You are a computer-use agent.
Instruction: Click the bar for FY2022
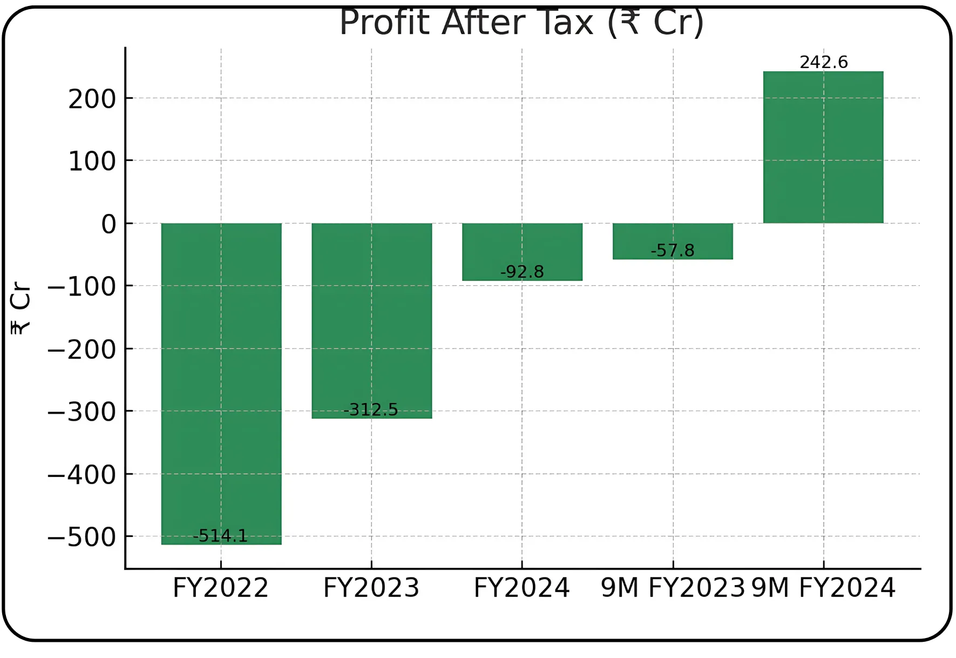point(221,378)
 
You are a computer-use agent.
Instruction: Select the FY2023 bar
point(371,319)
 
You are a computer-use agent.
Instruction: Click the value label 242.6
point(823,62)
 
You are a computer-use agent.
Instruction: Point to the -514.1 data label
point(220,536)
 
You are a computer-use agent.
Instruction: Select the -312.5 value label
point(371,409)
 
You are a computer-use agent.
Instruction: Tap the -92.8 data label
point(522,271)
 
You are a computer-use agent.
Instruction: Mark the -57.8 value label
point(672,250)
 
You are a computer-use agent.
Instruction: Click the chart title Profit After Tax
point(521,23)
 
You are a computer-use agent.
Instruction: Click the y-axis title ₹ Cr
point(21,308)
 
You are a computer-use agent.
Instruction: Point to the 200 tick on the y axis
point(92,99)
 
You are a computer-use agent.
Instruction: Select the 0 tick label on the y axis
point(109,224)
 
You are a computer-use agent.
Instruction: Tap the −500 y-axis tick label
point(82,538)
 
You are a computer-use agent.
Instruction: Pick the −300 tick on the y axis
point(82,412)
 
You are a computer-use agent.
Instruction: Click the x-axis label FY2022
point(220,588)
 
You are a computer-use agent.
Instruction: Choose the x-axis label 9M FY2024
point(823,588)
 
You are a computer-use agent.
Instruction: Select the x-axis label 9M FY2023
point(673,588)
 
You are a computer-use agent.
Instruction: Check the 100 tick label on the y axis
point(92,162)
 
